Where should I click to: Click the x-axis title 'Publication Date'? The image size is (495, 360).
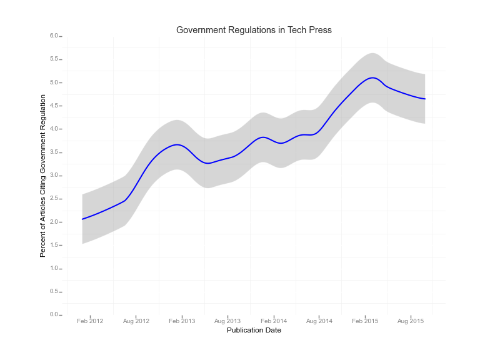254,330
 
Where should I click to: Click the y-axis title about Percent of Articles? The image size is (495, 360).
43,176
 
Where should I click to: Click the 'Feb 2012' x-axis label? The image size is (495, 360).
90,321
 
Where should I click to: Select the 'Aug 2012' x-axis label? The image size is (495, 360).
136,321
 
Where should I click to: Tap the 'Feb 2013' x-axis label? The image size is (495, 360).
182,321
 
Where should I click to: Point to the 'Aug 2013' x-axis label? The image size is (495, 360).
227,321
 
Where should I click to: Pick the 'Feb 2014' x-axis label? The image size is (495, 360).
274,321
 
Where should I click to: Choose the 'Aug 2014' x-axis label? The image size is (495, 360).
319,321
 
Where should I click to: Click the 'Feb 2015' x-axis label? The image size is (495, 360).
365,321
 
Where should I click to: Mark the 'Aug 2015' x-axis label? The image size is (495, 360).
411,321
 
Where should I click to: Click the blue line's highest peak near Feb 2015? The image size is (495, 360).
372,78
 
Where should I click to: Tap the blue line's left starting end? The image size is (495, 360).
82,219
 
